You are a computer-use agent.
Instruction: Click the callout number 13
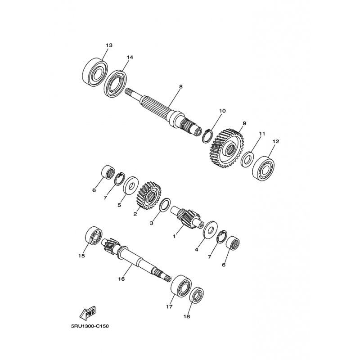pyautogui.click(x=109, y=45)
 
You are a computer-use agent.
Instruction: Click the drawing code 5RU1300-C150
pyautogui.click(x=90, y=326)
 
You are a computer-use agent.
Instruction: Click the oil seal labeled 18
pyautogui.click(x=197, y=295)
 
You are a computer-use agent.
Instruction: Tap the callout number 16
pyautogui.click(x=121, y=279)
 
